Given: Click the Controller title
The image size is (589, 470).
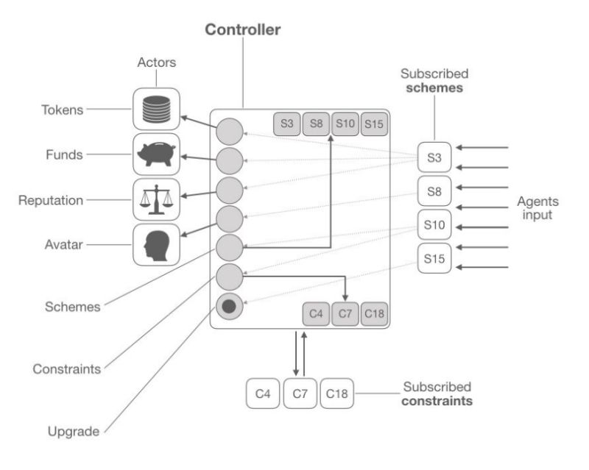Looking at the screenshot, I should click(242, 30).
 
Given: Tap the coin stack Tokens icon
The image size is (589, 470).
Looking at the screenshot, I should click(157, 110).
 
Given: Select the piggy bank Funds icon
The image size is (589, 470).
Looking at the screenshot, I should click(157, 154).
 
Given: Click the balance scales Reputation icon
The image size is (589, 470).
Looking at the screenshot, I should click(157, 199).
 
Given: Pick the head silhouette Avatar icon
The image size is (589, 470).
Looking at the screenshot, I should click(157, 244).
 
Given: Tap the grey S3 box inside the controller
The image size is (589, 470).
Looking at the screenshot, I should click(287, 124).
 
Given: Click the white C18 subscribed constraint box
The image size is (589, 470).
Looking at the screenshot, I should click(336, 394).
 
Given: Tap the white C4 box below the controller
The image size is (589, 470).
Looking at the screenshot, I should click(263, 394).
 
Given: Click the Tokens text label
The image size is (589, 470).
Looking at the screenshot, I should click(62, 110).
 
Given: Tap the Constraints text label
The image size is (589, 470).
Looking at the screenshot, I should click(67, 368).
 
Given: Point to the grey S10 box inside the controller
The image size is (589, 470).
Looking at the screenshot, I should click(345, 124).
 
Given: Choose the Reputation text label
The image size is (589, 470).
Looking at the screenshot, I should click(50, 200).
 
